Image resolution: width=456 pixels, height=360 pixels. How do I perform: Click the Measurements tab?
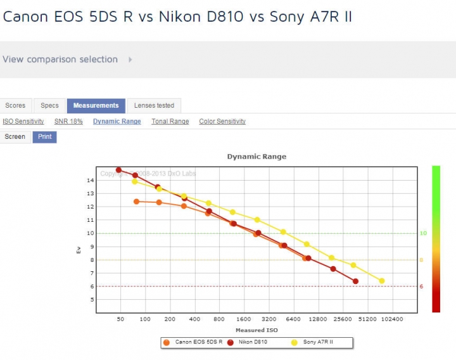96,105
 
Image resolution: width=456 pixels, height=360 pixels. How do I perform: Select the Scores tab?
15,105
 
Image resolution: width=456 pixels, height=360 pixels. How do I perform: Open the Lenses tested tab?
154,105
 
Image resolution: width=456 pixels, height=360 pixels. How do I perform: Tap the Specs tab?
49,105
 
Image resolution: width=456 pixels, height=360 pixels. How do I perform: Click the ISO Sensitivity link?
23,121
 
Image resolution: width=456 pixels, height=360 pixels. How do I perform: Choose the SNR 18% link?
68,121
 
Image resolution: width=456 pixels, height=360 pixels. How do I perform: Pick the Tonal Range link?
170,121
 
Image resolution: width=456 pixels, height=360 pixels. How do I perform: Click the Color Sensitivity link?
222,121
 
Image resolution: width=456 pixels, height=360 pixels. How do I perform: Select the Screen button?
15,137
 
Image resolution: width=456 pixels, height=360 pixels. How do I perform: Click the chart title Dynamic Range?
256,157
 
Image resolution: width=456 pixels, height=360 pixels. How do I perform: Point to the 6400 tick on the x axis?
294,319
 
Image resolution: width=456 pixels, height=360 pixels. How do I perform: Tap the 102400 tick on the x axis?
393,319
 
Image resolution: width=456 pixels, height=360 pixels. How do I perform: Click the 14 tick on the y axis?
91,180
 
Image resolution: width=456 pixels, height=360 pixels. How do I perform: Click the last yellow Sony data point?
382,281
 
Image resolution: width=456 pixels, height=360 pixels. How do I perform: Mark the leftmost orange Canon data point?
136,202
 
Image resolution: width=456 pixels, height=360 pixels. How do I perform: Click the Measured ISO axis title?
256,330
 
